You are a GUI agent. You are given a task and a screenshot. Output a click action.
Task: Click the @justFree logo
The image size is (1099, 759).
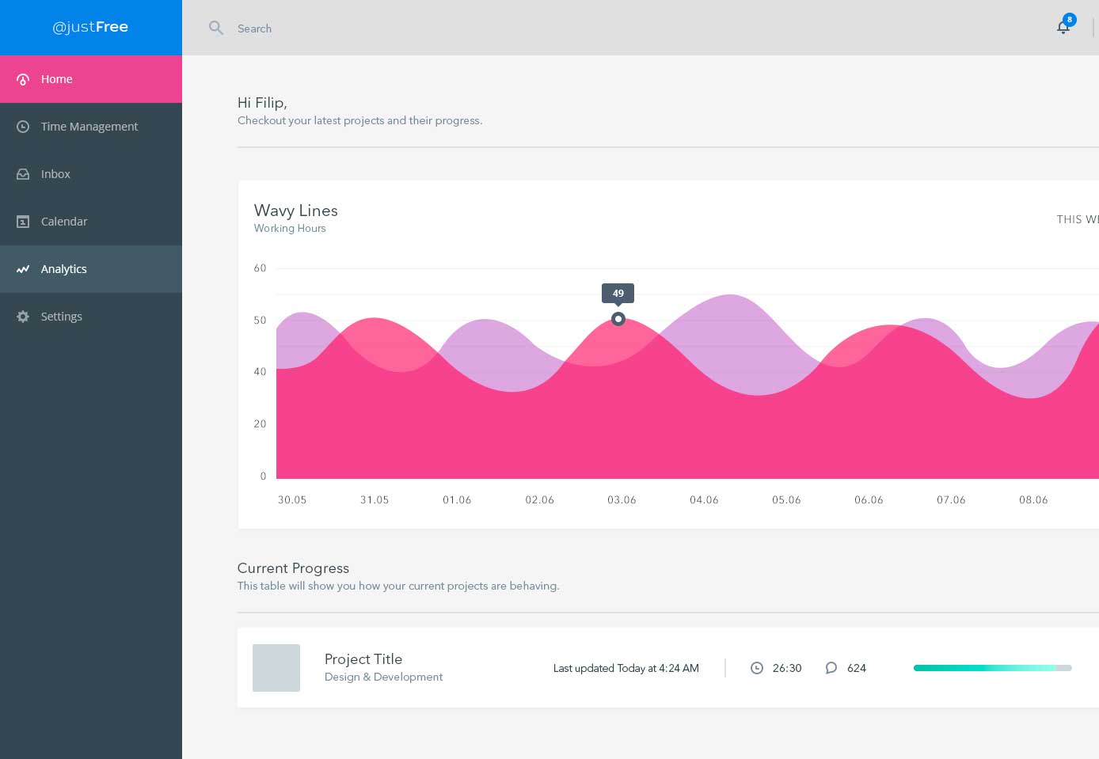click(90, 27)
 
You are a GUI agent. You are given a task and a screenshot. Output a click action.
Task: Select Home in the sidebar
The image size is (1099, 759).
click(56, 79)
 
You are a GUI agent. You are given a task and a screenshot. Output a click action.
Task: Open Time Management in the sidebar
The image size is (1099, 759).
click(89, 127)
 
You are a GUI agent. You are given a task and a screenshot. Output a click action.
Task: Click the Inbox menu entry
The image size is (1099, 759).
click(55, 174)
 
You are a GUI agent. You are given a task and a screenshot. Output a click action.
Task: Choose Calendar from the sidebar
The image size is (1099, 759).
click(63, 222)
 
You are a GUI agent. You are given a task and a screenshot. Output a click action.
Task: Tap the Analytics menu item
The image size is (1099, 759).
click(63, 269)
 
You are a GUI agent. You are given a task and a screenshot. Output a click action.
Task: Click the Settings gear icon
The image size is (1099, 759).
click(23, 317)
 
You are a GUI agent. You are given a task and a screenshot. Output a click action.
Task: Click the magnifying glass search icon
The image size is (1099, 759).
click(215, 28)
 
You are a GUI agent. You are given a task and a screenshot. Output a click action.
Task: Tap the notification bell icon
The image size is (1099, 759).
click(1063, 27)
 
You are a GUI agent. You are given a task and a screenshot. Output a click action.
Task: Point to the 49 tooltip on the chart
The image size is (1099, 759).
click(618, 293)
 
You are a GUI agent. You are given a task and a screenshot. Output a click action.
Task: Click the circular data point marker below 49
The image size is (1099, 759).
click(618, 319)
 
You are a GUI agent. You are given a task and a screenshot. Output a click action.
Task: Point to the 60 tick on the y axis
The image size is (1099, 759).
click(260, 268)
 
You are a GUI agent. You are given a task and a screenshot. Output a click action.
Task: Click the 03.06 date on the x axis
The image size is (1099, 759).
click(622, 500)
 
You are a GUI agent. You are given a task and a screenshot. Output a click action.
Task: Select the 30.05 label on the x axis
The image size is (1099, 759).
click(292, 500)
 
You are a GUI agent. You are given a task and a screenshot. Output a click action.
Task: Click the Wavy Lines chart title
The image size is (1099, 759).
click(295, 211)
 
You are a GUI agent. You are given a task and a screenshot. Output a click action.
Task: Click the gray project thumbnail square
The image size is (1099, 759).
click(276, 668)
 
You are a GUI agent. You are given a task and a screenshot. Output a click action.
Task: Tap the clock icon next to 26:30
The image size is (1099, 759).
click(757, 668)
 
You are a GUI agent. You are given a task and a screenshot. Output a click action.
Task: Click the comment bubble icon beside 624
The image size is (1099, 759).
click(831, 668)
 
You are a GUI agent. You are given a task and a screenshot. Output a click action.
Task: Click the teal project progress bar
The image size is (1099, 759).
click(992, 668)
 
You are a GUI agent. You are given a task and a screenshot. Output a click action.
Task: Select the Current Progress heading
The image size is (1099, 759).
click(293, 568)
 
